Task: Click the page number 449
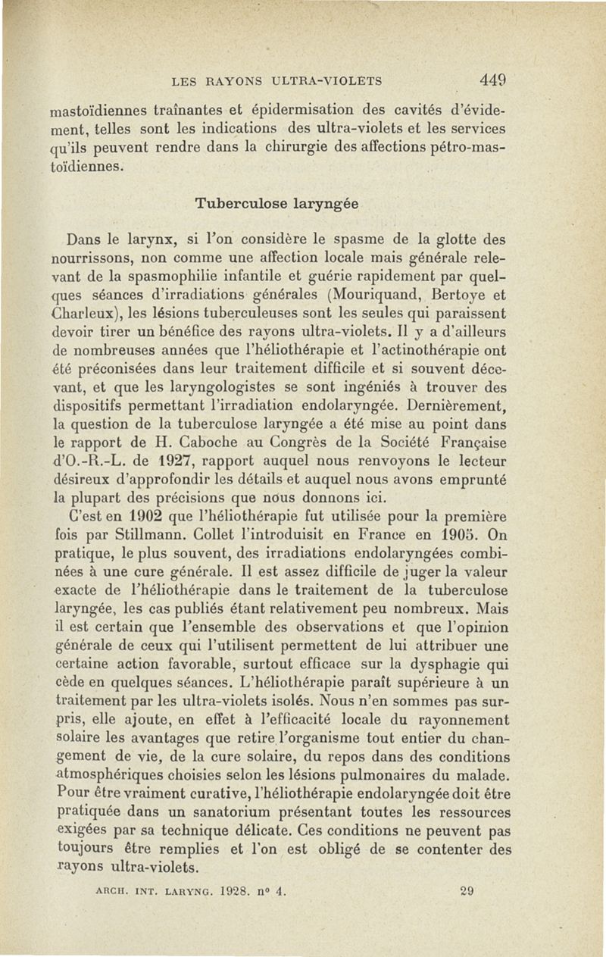click(x=492, y=80)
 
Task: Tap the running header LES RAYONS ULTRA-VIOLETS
click(x=276, y=80)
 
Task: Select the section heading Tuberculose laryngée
click(x=276, y=204)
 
